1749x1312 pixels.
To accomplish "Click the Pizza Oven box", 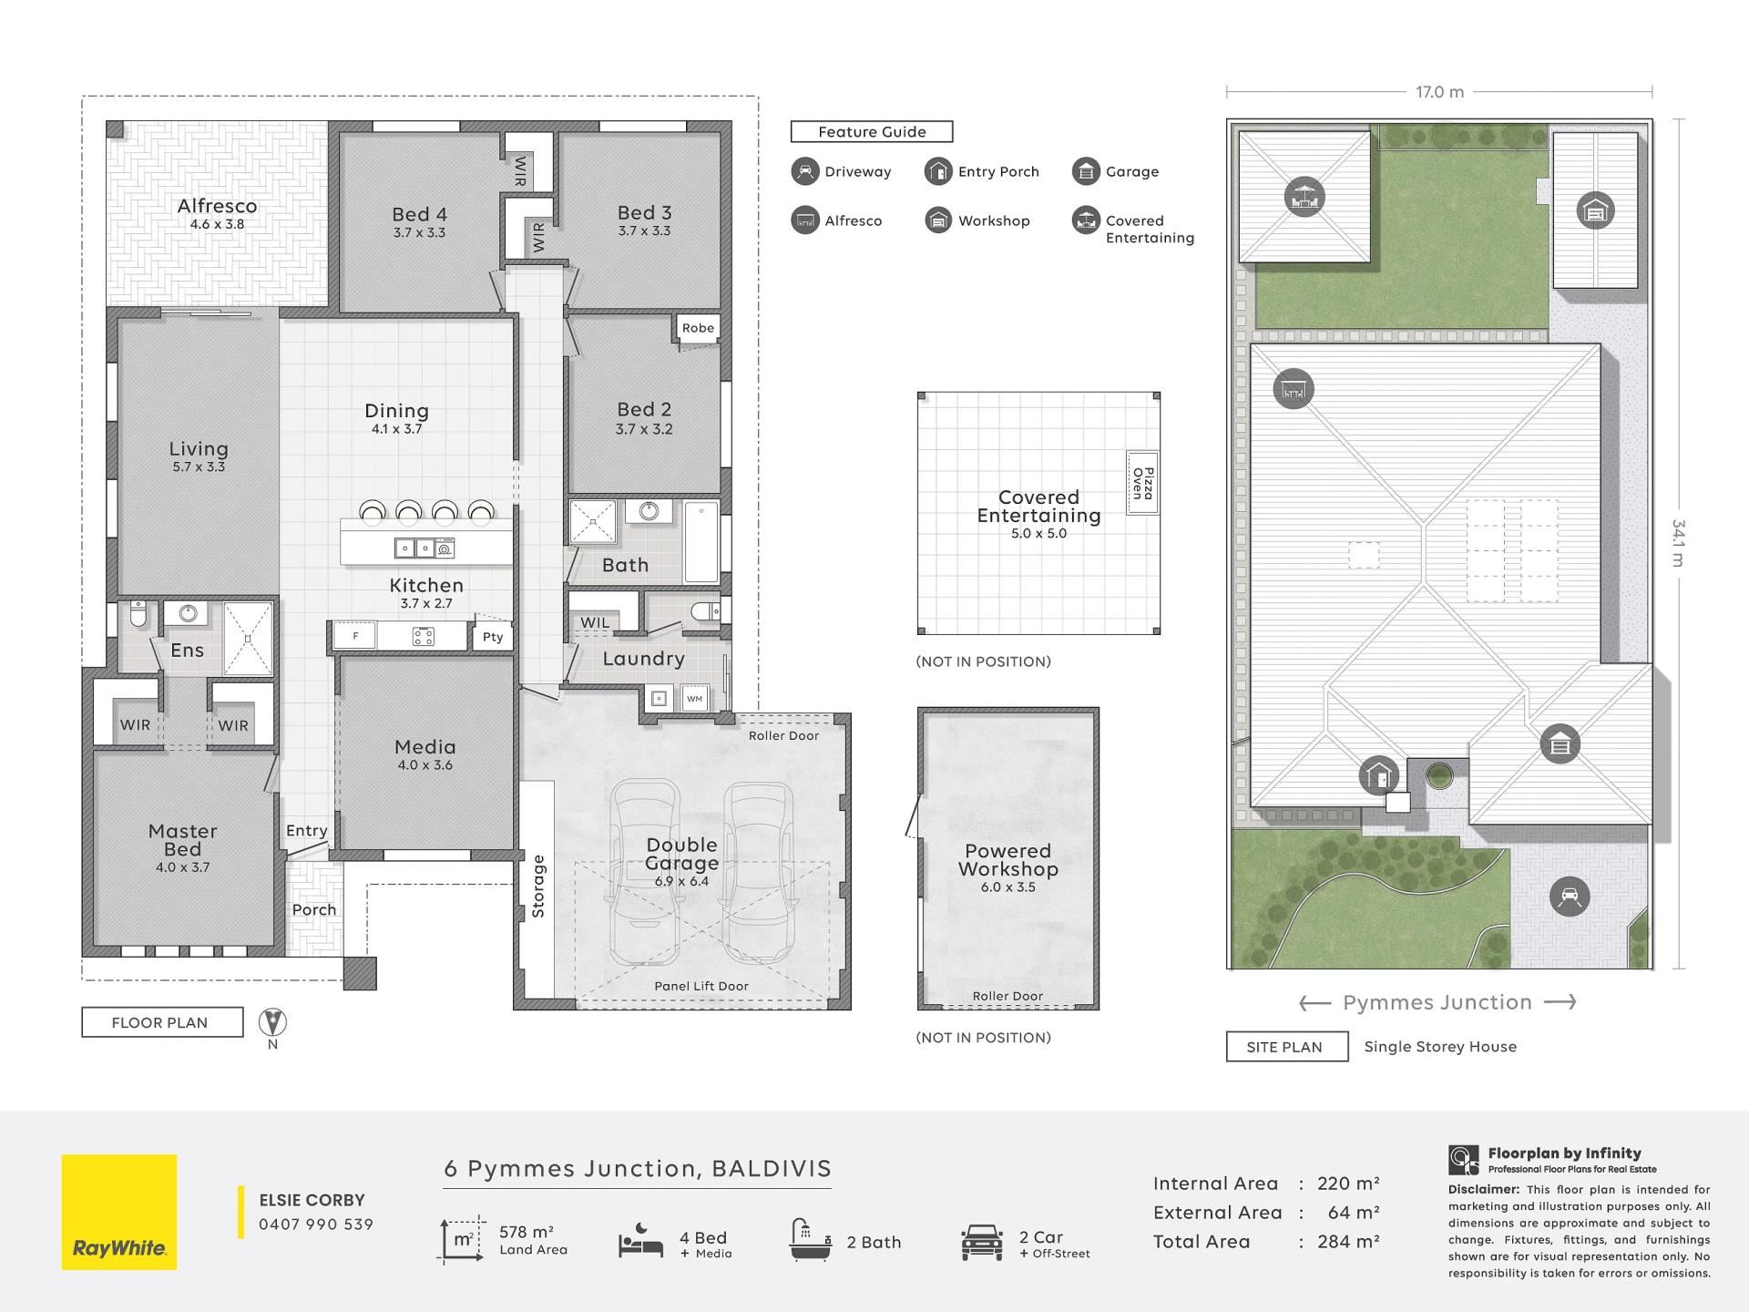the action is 1142,483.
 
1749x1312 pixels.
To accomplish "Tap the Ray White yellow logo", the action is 119,1212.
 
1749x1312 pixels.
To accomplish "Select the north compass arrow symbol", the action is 272,1022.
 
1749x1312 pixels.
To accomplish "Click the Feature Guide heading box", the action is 872,132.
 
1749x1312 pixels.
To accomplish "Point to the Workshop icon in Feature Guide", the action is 938,220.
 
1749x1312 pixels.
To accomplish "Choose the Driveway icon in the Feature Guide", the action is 805,171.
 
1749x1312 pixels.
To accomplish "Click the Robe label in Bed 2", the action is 699,328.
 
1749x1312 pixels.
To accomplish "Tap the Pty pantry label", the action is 493,637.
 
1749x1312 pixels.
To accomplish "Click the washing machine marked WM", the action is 695,699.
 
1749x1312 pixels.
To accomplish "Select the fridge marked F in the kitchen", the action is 354,635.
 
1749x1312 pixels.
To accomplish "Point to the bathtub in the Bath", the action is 701,541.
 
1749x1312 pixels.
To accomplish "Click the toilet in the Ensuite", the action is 138,615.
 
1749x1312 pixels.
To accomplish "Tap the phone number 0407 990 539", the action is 316,1225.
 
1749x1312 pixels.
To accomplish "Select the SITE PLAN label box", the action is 1287,1047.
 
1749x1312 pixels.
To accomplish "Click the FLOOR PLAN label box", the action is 162,1022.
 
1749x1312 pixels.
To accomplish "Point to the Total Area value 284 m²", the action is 1348,1242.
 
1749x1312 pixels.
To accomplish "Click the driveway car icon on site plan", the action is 1570,897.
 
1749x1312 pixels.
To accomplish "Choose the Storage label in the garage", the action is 538,887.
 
